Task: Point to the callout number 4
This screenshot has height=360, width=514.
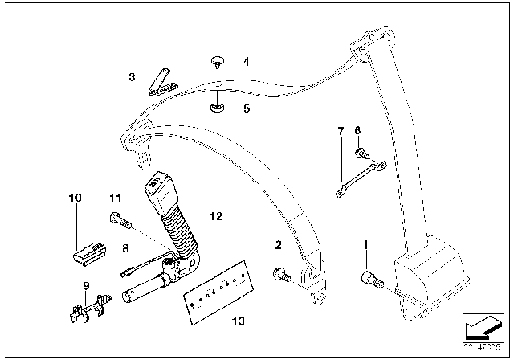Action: [x=247, y=61]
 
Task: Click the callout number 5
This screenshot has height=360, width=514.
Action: [x=247, y=107]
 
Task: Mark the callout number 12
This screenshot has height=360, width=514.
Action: [x=214, y=215]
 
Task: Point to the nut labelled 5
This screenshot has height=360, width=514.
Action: [x=218, y=107]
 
